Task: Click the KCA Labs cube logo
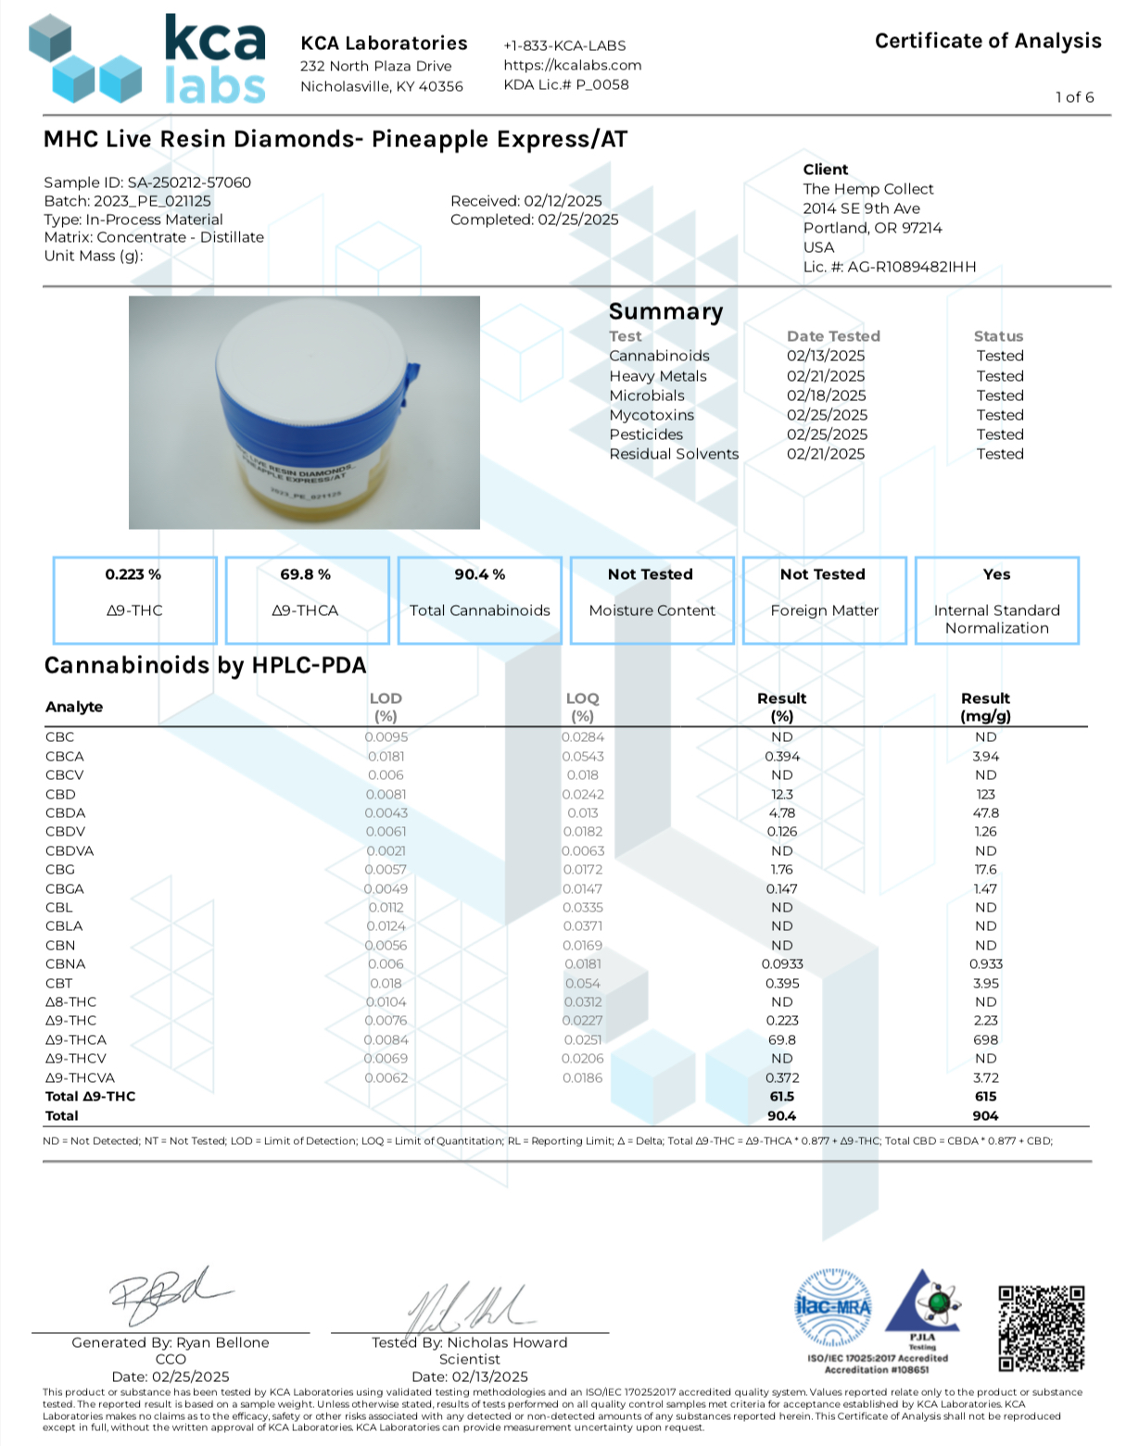[85, 58]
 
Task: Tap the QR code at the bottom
[1041, 1327]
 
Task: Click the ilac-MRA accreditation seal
[833, 1308]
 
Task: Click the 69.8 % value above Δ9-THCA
[305, 574]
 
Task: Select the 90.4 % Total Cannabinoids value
[479, 574]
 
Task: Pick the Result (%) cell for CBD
[781, 794]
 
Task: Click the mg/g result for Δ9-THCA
[985, 1039]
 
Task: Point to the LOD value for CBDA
[386, 812]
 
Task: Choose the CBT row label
[58, 983]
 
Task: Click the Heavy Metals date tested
[826, 376]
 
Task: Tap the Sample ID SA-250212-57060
[147, 182]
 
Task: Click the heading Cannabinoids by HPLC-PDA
[205, 665]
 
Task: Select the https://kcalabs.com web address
[572, 65]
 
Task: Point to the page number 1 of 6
[1074, 97]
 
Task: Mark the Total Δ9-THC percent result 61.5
[781, 1096]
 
